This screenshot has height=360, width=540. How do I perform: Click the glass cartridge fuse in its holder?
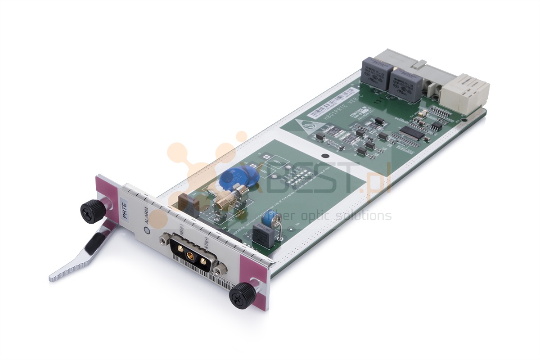click(230, 198)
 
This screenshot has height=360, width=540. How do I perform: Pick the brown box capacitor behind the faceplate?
click(188, 205)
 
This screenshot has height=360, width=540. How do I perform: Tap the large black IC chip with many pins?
click(410, 132)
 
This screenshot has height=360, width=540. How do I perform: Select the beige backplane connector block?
click(465, 92)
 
